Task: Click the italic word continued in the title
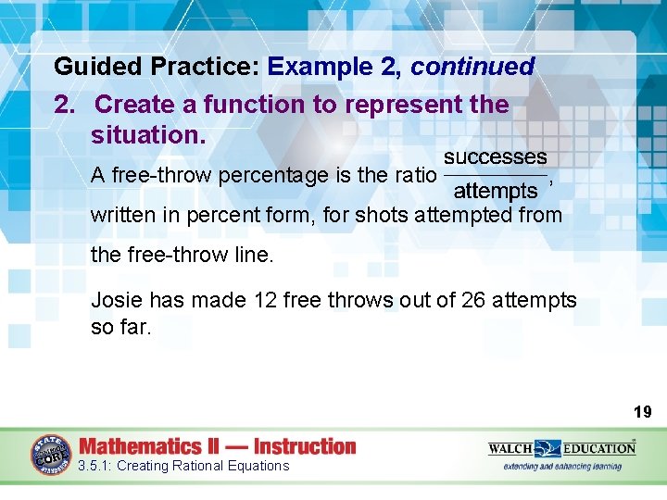[472, 68]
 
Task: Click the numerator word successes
[495, 157]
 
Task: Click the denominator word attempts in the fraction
[495, 192]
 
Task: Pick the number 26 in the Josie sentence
[472, 300]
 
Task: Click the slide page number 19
[642, 412]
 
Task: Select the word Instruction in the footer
[304, 446]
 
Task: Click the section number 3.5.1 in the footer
[94, 466]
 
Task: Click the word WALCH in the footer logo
[510, 448]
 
